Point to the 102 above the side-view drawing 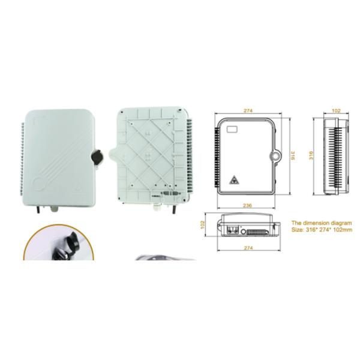point(336,110)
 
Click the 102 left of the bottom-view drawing point(203,223)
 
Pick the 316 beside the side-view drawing point(311,155)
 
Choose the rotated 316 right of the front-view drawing point(292,155)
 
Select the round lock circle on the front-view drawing point(275,155)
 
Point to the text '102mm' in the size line point(343,229)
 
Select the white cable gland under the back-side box point(157,206)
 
